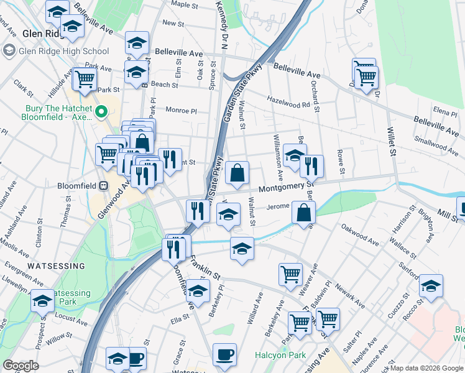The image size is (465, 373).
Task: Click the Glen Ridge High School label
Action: point(64,52)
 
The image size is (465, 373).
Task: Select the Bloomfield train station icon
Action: point(103,185)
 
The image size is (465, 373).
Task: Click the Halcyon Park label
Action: point(280,356)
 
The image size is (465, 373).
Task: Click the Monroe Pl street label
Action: point(180,111)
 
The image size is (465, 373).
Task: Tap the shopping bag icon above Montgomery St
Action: point(237,173)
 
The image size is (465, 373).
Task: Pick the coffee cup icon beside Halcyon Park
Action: point(224,355)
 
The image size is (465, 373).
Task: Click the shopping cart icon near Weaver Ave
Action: point(290,274)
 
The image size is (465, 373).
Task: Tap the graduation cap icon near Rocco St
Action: point(431,285)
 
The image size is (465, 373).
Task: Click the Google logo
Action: point(21,366)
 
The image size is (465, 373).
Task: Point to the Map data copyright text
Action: point(426,368)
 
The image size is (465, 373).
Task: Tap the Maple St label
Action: point(184,4)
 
